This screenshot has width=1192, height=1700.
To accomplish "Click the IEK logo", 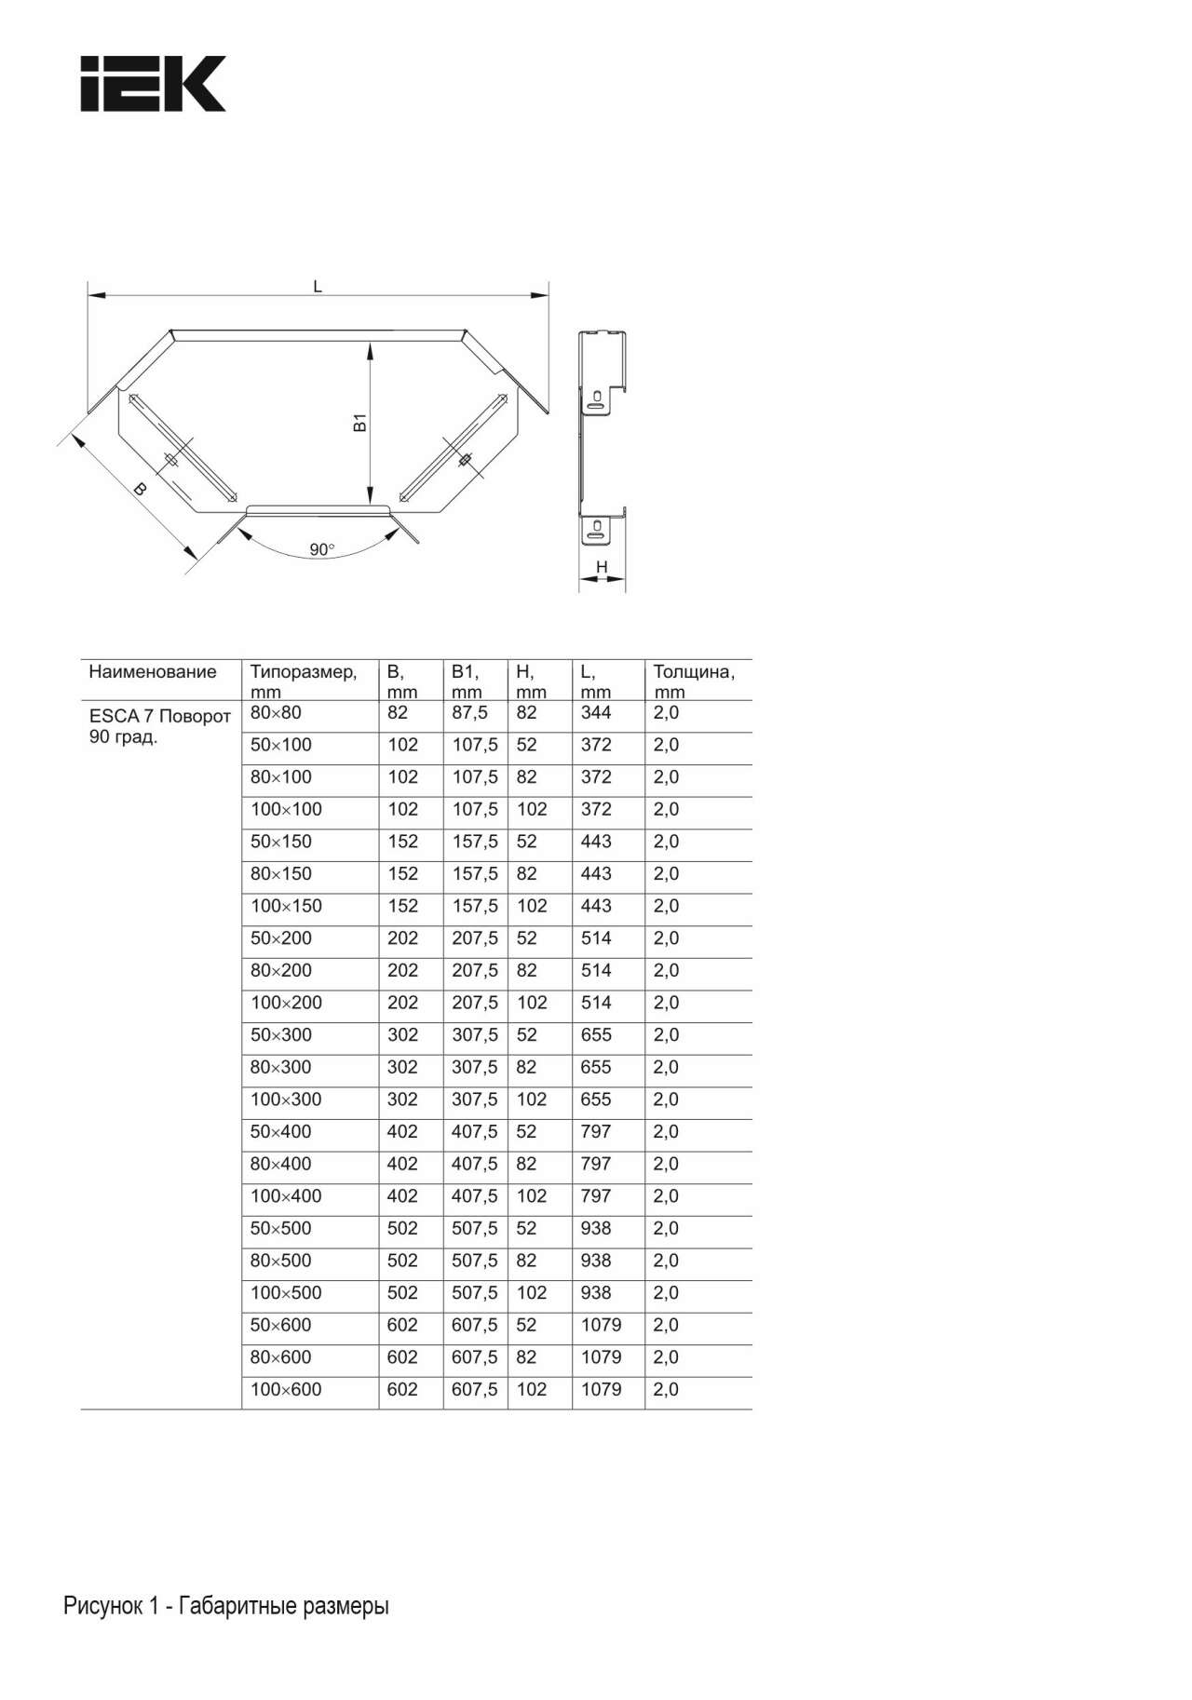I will tap(153, 84).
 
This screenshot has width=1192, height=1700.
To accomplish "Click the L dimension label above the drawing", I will tap(318, 287).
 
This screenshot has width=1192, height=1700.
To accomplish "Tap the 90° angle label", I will tap(321, 549).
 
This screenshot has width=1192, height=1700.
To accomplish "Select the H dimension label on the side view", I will tap(602, 567).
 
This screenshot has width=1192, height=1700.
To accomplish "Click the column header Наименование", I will tap(153, 672).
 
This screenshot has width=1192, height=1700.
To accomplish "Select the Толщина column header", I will tap(694, 672).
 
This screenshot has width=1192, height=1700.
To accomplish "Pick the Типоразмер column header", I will tap(304, 672).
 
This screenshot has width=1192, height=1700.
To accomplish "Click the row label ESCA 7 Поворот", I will tap(159, 717).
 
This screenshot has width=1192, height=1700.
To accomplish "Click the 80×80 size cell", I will tap(277, 713).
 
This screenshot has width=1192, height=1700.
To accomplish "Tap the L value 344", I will tap(596, 713).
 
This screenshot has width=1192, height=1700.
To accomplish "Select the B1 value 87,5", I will tap(470, 713).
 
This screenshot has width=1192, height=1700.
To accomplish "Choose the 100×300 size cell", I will tap(286, 1100).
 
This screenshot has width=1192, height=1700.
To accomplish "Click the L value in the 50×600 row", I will tap(601, 1325).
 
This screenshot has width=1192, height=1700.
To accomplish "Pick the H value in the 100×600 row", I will tap(532, 1389).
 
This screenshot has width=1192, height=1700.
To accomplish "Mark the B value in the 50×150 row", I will tap(402, 842).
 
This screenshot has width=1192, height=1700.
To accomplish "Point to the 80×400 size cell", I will tap(280, 1164).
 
